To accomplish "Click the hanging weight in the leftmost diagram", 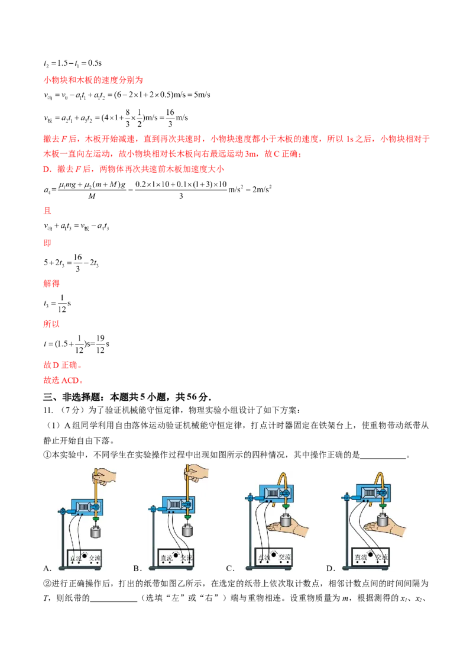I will [95, 532].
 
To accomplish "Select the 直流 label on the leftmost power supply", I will [76, 559].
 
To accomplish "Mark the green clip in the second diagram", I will [189, 517].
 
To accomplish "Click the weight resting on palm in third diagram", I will [286, 523].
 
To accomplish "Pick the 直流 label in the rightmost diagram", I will [360, 558].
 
